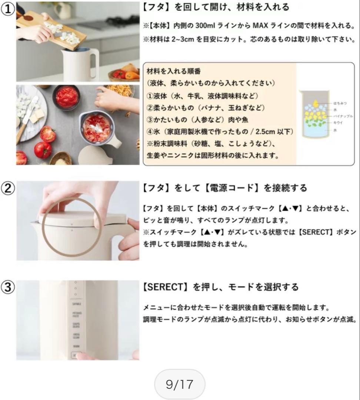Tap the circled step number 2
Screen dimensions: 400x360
click(x=7, y=189)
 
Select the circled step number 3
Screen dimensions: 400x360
click(x=7, y=287)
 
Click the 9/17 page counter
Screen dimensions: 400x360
click(x=180, y=384)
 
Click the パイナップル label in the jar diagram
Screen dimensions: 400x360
click(x=343, y=116)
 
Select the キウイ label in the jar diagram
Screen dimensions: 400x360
click(x=338, y=123)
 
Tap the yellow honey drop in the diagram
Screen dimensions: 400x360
click(x=316, y=102)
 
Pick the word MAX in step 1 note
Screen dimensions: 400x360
click(x=261, y=26)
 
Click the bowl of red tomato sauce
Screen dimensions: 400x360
click(x=67, y=97)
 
